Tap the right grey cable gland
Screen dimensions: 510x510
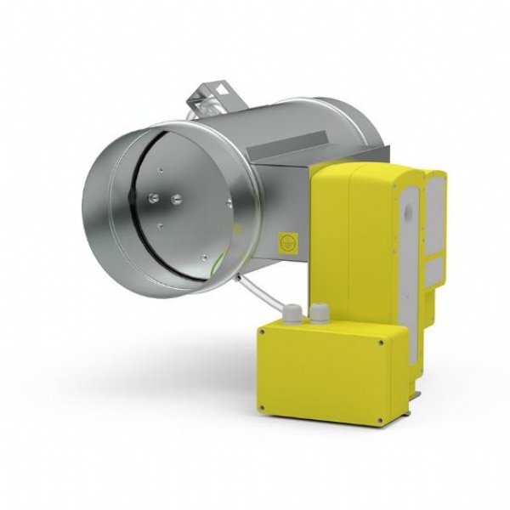click(320, 311)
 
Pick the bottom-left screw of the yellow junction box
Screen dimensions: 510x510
click(264, 410)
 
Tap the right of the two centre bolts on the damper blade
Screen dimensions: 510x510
click(175, 197)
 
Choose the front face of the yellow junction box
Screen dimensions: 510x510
click(319, 374)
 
